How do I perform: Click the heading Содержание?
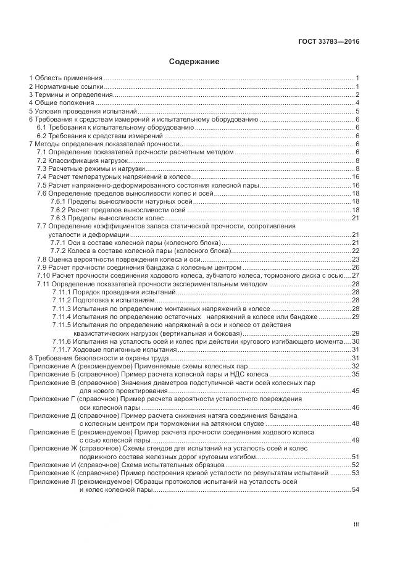tap(194, 62)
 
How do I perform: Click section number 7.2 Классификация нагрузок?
tap(42, 160)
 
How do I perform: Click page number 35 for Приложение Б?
tap(356, 375)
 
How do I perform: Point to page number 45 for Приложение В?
tap(356, 391)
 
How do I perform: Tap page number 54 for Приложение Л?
tap(356, 490)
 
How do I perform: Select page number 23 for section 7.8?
tap(356, 259)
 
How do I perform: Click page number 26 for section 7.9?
tap(356, 267)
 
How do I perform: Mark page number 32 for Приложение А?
tap(356, 366)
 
